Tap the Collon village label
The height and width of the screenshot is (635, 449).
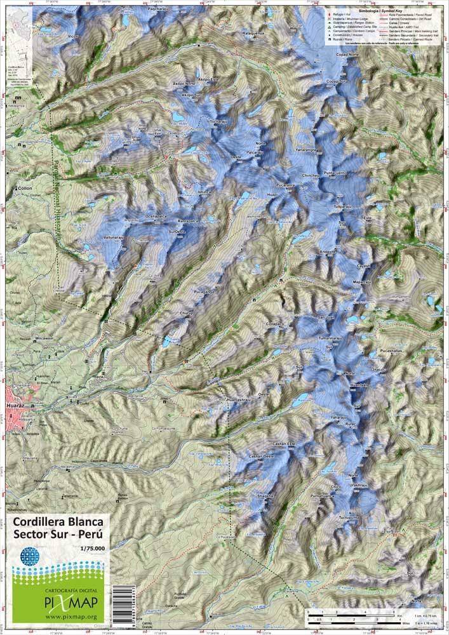pyautogui.click(x=25, y=189)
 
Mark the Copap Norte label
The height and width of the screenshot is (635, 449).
pyautogui.click(x=347, y=55)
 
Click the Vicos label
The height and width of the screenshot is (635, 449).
pyautogui.click(x=75, y=36)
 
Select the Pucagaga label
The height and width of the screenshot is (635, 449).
pyautogui.click(x=201, y=291)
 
